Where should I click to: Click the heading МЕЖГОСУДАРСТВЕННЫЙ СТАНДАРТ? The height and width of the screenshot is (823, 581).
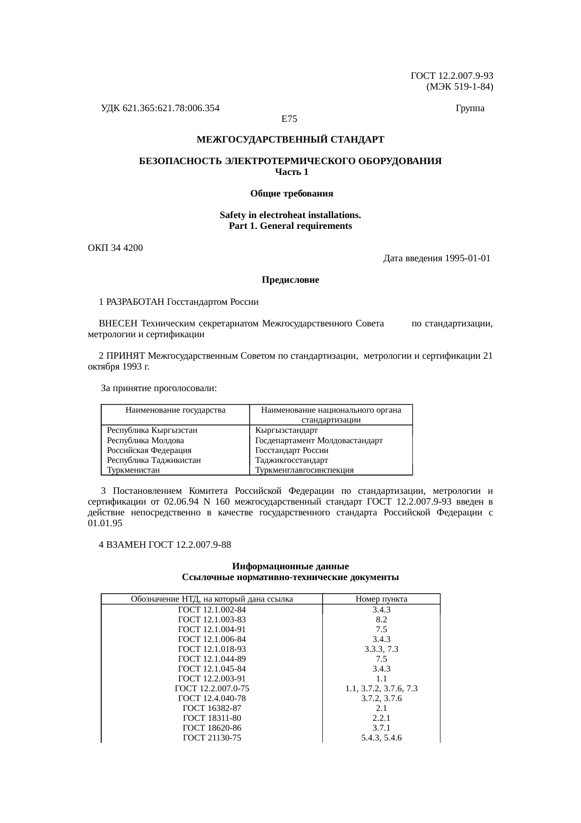(290, 140)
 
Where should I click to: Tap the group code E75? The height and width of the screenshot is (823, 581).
(289, 119)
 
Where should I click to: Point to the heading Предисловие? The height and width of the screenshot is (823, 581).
(290, 280)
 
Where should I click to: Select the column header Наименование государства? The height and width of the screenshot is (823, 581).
(176, 410)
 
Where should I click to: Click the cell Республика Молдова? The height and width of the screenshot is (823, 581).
(145, 440)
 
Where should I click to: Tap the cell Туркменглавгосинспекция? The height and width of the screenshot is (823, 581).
(304, 470)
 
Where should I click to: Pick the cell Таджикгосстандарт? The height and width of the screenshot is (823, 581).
(291, 460)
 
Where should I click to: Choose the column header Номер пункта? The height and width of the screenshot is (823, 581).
(381, 599)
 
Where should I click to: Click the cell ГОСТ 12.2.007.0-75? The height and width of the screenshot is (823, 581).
(212, 688)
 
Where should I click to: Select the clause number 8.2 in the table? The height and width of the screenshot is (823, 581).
(381, 619)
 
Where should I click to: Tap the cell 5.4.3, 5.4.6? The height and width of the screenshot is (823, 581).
(381, 738)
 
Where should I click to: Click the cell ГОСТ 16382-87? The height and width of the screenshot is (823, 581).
(212, 708)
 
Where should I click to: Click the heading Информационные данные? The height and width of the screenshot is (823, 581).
(290, 566)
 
